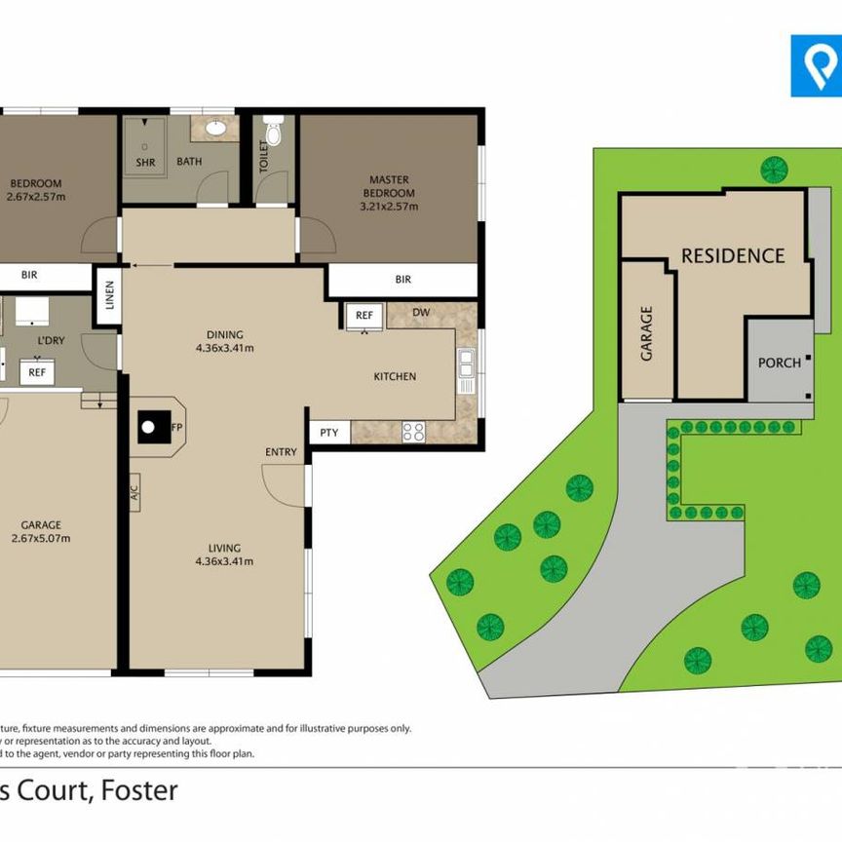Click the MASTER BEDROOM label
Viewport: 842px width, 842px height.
point(389,186)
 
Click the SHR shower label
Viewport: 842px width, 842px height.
point(145,162)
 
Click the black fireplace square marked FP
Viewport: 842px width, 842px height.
point(151,425)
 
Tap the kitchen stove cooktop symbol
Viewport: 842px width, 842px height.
point(413,430)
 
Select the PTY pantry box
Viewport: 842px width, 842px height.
point(328,432)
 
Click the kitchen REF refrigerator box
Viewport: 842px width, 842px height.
point(364,316)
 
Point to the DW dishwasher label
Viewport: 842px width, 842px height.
point(422,313)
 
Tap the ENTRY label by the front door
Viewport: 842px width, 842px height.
point(281,452)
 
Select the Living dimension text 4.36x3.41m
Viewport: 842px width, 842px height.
point(224,560)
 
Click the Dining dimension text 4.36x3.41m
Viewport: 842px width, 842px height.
point(224,347)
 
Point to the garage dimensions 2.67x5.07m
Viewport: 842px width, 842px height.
point(40,537)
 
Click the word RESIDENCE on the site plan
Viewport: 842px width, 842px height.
point(732,256)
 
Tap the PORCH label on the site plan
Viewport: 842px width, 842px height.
point(779,363)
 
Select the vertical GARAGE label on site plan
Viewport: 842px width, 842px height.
point(647,333)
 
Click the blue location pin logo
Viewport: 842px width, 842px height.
point(815,66)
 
